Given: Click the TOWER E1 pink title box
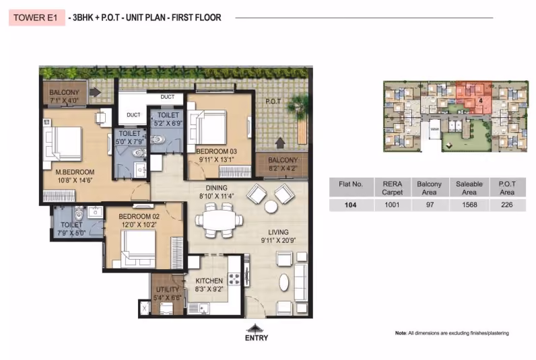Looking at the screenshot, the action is point(37,17).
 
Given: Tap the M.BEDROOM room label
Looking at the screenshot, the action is point(75,172).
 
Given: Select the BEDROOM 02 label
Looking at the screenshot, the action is point(139,217).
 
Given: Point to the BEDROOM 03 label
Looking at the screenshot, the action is point(216,151).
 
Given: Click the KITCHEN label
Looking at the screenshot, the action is point(209,281).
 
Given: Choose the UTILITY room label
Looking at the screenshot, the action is point(168,289).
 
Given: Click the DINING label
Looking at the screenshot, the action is point(216,188).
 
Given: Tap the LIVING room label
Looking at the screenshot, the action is point(278,232).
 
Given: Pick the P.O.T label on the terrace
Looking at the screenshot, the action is point(273,102).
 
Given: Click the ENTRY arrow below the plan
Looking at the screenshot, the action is point(255,328).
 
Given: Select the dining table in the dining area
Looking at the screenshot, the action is point(219,220).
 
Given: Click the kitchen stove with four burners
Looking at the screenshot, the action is point(234,279).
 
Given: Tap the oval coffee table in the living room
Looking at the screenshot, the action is point(284,283).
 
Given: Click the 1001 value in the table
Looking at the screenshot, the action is point(392,205).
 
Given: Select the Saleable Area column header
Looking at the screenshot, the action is point(469,188).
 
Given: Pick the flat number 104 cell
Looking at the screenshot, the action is point(350,205).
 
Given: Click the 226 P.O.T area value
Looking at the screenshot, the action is point(507,205).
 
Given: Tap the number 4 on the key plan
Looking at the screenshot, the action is point(481,101).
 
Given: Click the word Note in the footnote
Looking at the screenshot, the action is point(401,333).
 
